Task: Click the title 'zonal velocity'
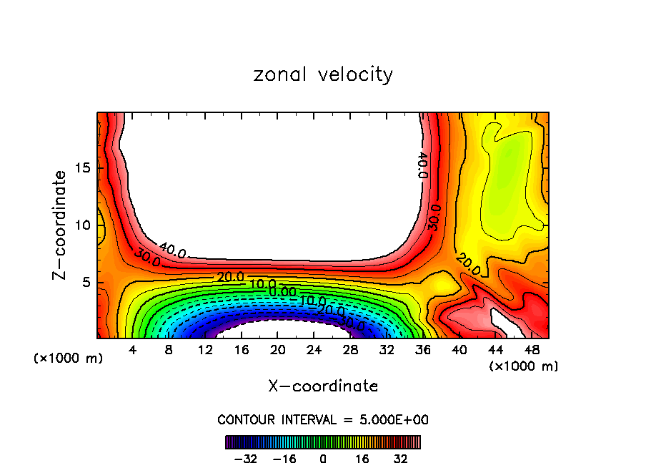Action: click(x=323, y=74)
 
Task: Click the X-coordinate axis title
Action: click(x=323, y=386)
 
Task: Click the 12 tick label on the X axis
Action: click(x=205, y=350)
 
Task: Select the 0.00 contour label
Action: click(x=282, y=292)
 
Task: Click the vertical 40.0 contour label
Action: click(x=422, y=165)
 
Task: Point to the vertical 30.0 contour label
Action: click(x=434, y=217)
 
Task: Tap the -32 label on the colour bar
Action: click(x=245, y=459)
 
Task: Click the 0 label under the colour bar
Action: click(x=323, y=459)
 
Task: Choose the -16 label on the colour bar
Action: click(x=284, y=459)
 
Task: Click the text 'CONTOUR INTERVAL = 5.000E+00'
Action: click(x=323, y=419)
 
